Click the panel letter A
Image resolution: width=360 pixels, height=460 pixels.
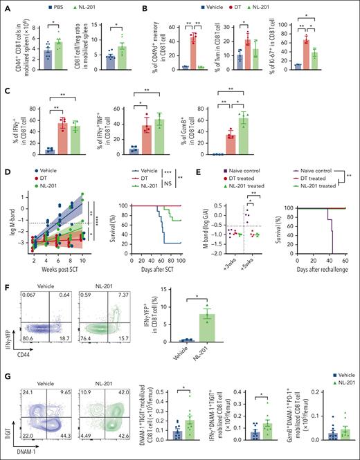point(6,7)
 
